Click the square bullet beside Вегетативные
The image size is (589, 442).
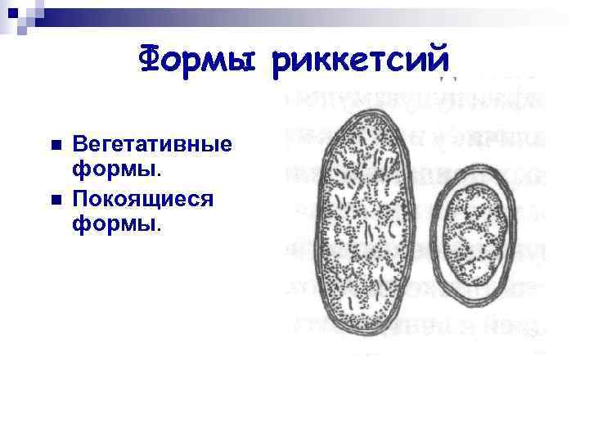54,144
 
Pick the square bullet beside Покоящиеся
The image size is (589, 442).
54,199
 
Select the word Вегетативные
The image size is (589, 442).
152,144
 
